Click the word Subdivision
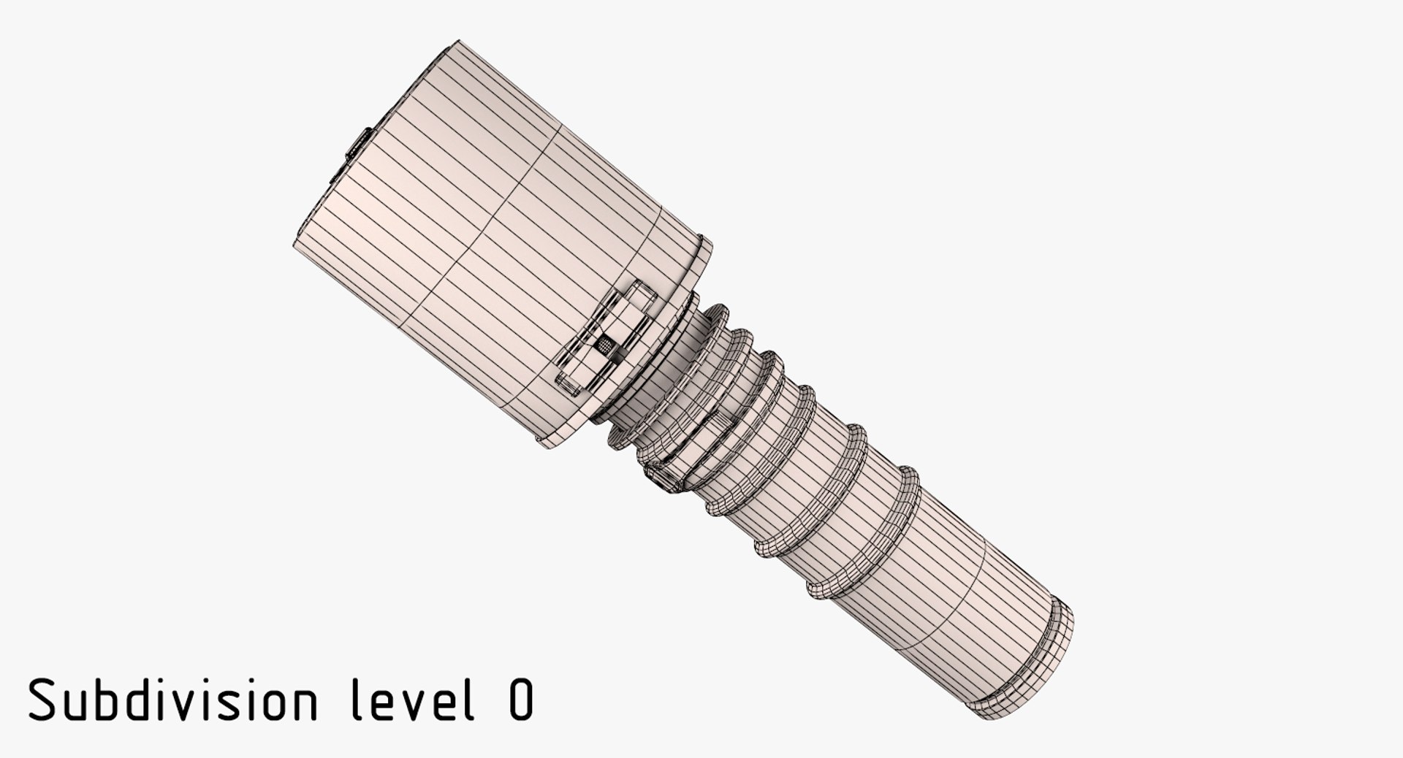(173, 699)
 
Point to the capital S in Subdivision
(42, 699)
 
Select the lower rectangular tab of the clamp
(570, 384)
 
